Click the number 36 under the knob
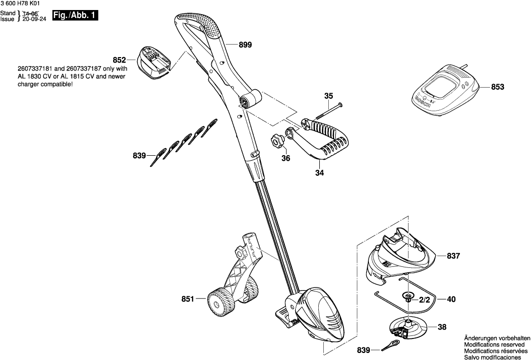[x=285, y=159]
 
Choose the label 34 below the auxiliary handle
[x=319, y=173]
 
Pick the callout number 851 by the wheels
[x=187, y=299]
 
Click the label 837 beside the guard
[x=453, y=256]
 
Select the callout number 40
[x=451, y=299]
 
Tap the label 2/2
[x=424, y=299]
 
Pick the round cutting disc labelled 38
[x=408, y=329]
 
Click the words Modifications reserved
[x=496, y=345]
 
